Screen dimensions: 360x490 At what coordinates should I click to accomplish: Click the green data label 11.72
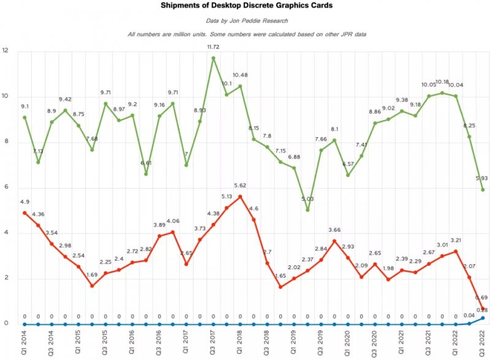point(214,47)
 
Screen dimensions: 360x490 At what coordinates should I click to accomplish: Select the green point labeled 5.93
point(483,190)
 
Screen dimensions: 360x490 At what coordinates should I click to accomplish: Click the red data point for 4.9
point(24,212)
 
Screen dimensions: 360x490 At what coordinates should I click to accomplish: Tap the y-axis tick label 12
point(6,51)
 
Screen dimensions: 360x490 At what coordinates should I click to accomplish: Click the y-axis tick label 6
point(6,187)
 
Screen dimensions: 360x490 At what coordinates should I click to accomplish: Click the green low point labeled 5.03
point(307,210)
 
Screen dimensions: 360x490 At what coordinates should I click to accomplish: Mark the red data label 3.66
point(334,230)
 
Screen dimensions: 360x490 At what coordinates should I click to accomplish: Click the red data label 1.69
point(91,276)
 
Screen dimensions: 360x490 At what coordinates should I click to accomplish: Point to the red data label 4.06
point(173,221)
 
